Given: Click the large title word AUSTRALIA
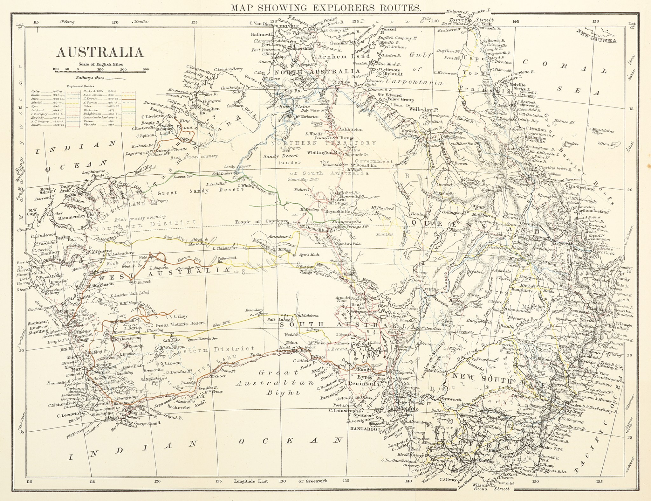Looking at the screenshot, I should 99,52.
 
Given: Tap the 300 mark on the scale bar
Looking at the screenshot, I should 146,69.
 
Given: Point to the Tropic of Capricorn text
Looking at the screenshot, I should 261,221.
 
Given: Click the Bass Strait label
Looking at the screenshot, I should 491,489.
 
